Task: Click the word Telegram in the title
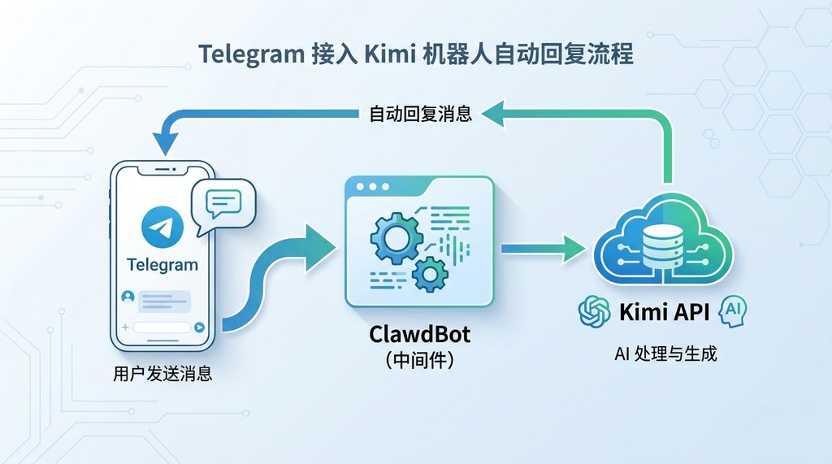[248, 56]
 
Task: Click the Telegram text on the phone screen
[162, 265]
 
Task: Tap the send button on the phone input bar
[200, 327]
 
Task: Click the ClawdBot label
[419, 334]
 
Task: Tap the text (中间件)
[419, 360]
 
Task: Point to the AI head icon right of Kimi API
[731, 310]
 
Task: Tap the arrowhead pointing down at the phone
[164, 147]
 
